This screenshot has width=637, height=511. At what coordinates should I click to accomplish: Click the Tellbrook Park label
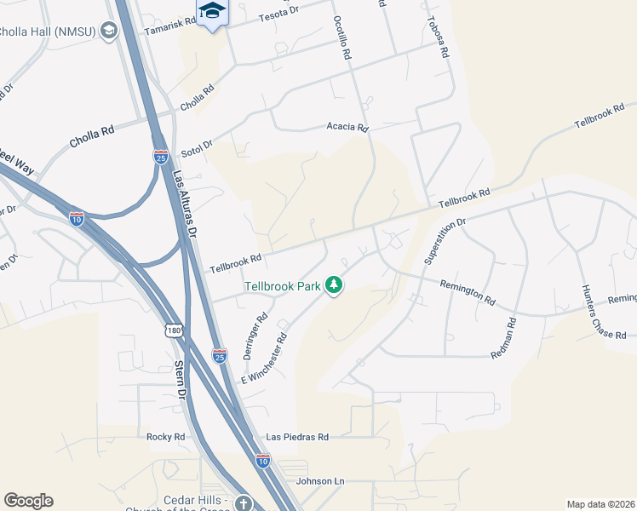coord(283,286)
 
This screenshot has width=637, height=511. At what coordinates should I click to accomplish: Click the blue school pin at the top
coord(212,12)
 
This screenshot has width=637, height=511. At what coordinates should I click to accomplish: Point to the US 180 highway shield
coord(175,330)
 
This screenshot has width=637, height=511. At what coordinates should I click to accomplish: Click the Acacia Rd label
coord(347,128)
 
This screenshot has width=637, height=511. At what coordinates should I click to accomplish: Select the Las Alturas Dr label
coord(185,204)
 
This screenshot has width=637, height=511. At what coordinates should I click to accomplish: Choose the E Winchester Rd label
coord(264,356)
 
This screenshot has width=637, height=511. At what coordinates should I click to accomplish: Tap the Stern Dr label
coord(180,380)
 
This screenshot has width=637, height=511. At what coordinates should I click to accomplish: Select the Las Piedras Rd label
coord(297,436)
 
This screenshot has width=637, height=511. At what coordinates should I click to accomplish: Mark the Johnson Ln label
coord(320,481)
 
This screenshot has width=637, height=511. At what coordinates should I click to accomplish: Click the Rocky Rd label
coord(165,436)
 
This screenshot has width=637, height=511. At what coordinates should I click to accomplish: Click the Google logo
coord(28,500)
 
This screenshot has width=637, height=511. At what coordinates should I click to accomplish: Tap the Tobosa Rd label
coord(439,37)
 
